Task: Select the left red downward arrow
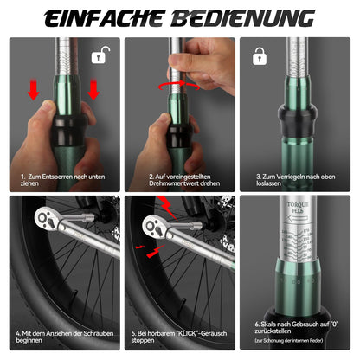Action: pos(33,91)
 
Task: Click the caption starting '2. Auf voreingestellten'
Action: pos(179,179)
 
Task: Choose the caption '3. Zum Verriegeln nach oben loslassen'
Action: pos(298,179)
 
